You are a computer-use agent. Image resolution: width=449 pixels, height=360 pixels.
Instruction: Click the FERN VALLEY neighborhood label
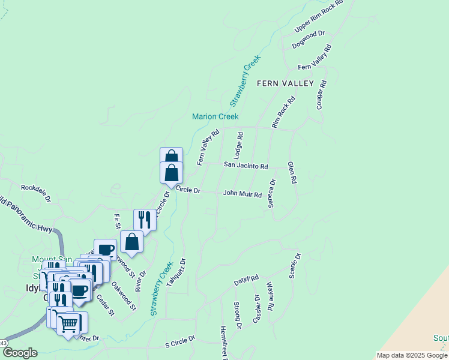coord(285,83)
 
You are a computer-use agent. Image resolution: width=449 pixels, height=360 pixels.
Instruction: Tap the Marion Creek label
coord(215,116)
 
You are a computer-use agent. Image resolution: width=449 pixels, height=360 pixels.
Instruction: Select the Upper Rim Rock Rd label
coord(318,17)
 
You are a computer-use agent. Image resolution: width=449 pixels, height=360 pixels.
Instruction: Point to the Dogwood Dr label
coord(308,40)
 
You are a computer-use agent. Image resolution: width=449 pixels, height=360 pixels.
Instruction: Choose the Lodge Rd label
coord(238,145)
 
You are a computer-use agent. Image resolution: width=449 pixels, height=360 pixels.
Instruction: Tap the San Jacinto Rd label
coord(246,165)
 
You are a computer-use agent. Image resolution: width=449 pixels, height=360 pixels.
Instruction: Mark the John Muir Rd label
coord(243,194)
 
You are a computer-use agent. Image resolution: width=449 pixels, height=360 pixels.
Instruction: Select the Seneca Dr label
coord(272,193)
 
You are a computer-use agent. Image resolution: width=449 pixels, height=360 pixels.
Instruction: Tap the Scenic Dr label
coord(294,265)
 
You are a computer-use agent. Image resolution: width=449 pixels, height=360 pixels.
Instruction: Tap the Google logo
coord(19,353)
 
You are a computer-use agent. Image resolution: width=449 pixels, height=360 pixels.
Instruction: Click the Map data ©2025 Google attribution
coord(411,355)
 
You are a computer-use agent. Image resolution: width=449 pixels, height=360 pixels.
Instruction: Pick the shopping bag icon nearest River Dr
coord(131,242)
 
